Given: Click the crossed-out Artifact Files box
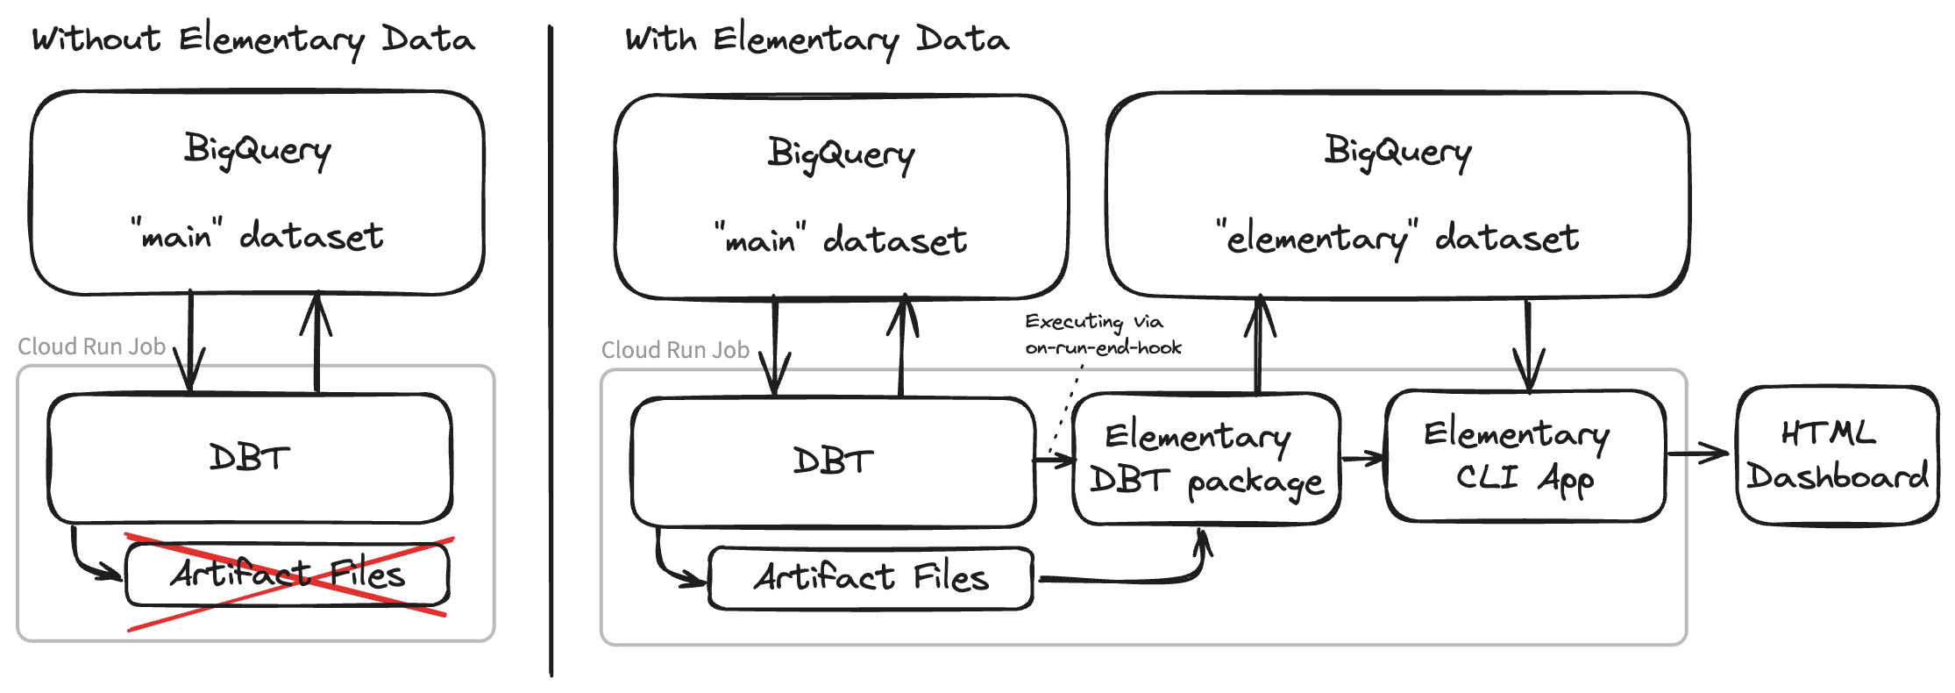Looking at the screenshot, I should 288,575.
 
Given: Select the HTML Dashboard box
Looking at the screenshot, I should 1837,455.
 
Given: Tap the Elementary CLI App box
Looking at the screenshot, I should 1525,455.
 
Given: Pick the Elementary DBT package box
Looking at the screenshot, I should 1206,459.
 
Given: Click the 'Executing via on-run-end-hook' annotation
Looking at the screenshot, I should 1102,334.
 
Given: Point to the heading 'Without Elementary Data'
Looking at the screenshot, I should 253,39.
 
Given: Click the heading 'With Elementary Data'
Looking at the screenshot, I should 816,39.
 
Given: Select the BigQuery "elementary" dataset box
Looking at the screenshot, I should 1397,194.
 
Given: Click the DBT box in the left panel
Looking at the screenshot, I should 250,458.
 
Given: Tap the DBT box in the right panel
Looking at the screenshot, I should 833,461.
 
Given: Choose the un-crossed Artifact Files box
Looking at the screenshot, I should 871,578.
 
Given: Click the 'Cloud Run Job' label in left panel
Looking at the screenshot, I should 92,346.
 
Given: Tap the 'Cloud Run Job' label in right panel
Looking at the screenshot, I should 675,350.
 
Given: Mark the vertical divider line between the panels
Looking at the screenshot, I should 551,351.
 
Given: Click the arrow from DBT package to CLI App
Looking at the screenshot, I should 1362,457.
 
